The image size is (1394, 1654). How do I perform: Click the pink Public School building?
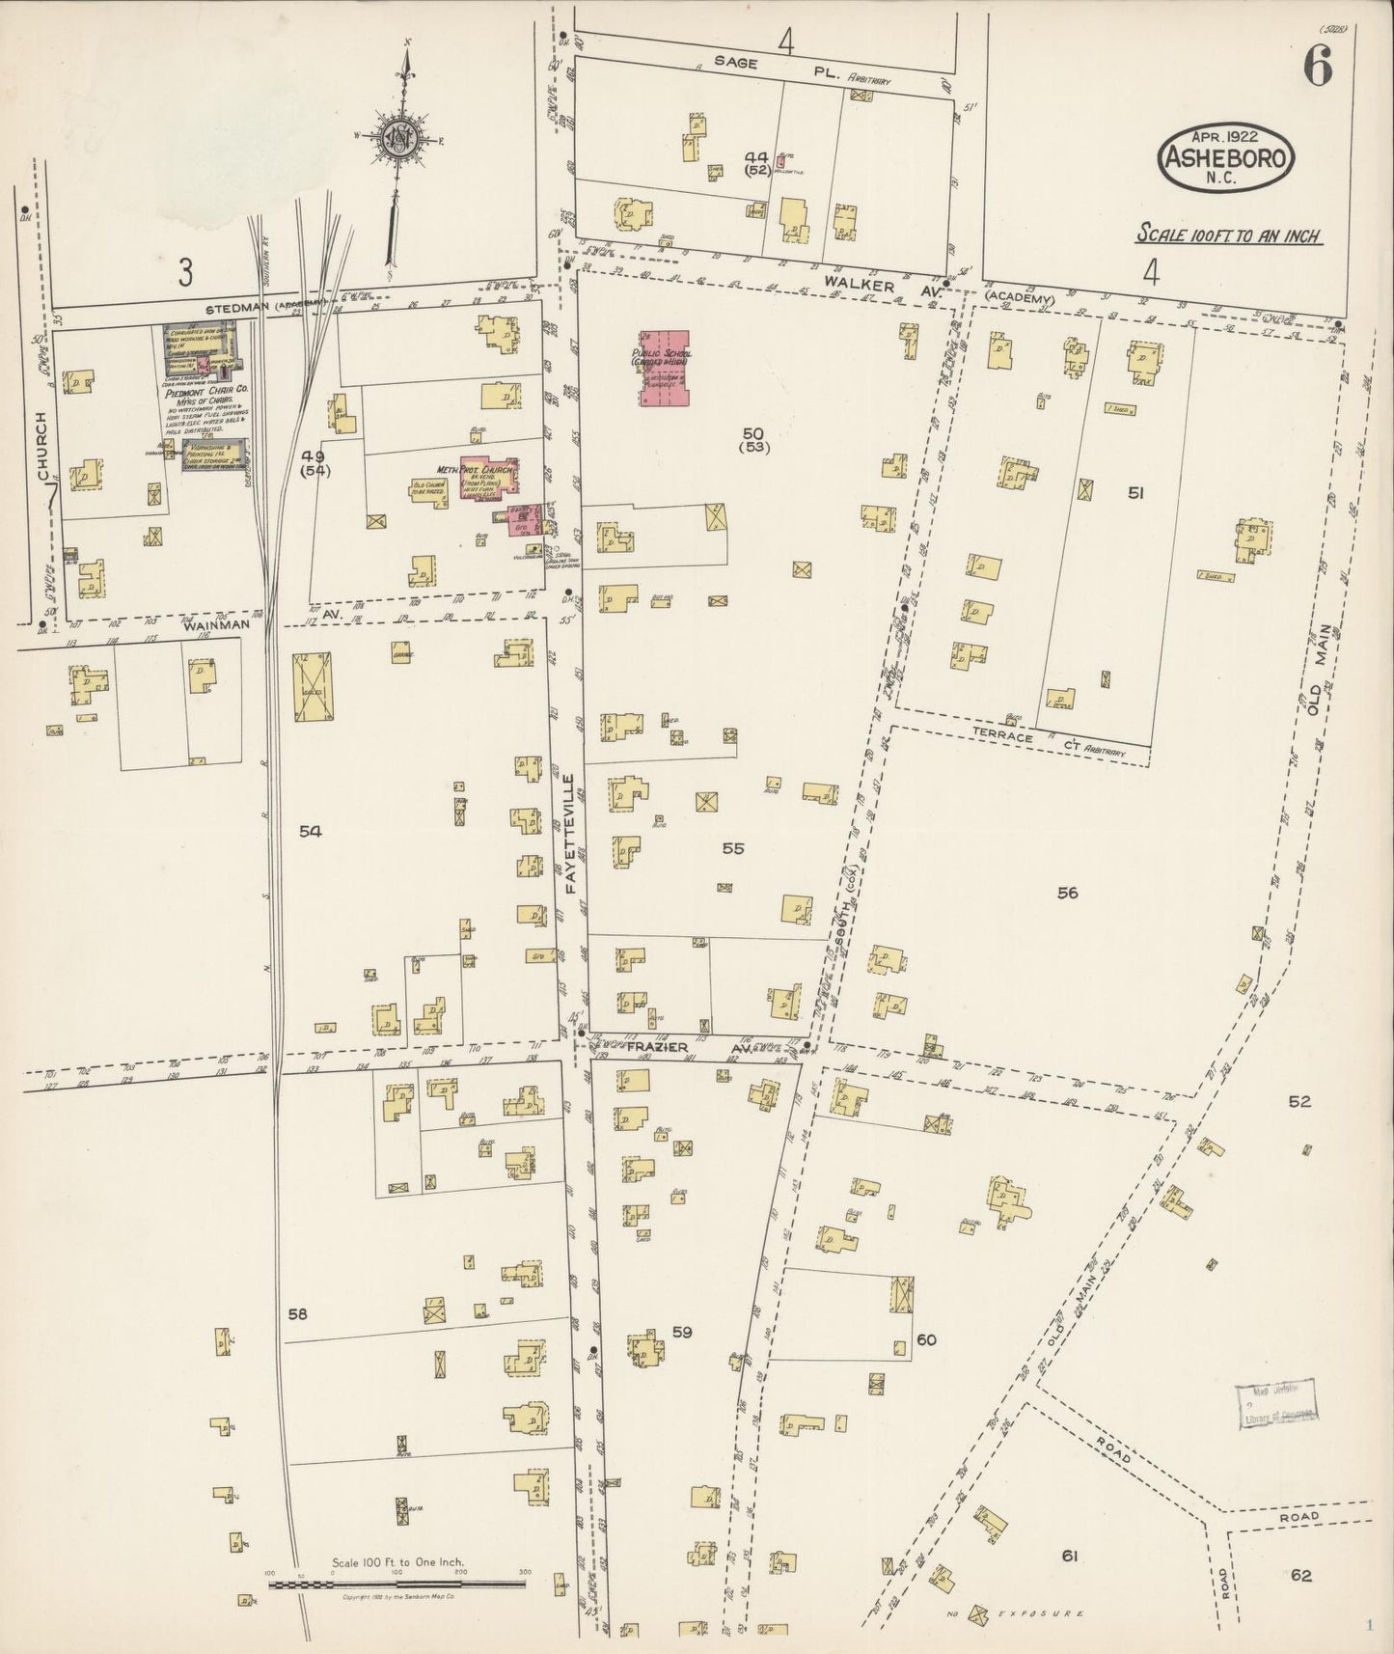[x=665, y=368]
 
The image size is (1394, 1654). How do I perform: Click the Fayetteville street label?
[x=570, y=833]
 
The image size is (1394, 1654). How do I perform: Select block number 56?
[x=1066, y=893]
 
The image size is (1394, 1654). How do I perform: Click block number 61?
[x=1068, y=1556]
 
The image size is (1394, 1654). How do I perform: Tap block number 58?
[x=297, y=1313]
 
